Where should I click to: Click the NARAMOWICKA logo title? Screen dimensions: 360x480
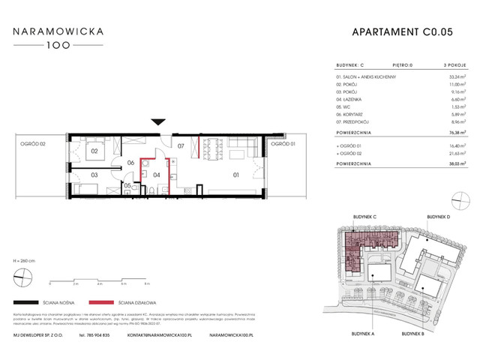coord(62,32)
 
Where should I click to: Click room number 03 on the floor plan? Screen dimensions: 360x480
coord(94,176)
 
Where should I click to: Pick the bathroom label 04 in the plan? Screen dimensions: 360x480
coord(157,176)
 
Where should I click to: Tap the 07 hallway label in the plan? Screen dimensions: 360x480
coord(179,158)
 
